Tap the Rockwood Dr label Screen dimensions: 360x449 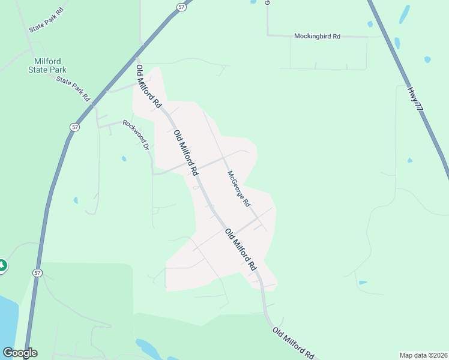[136, 134]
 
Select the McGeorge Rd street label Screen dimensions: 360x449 [238, 188]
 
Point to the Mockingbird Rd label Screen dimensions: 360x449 [317, 36]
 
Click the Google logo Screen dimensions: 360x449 [20, 353]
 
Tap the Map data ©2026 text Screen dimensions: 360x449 [423, 355]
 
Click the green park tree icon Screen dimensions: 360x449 [2, 265]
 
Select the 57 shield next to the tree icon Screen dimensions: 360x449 [37, 272]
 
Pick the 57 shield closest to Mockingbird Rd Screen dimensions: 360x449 [181, 6]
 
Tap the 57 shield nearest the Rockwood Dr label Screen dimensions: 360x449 [74, 127]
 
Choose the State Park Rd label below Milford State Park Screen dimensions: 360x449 [73, 88]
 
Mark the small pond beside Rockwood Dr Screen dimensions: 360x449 [124, 159]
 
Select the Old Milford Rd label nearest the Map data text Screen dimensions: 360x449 [293, 343]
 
